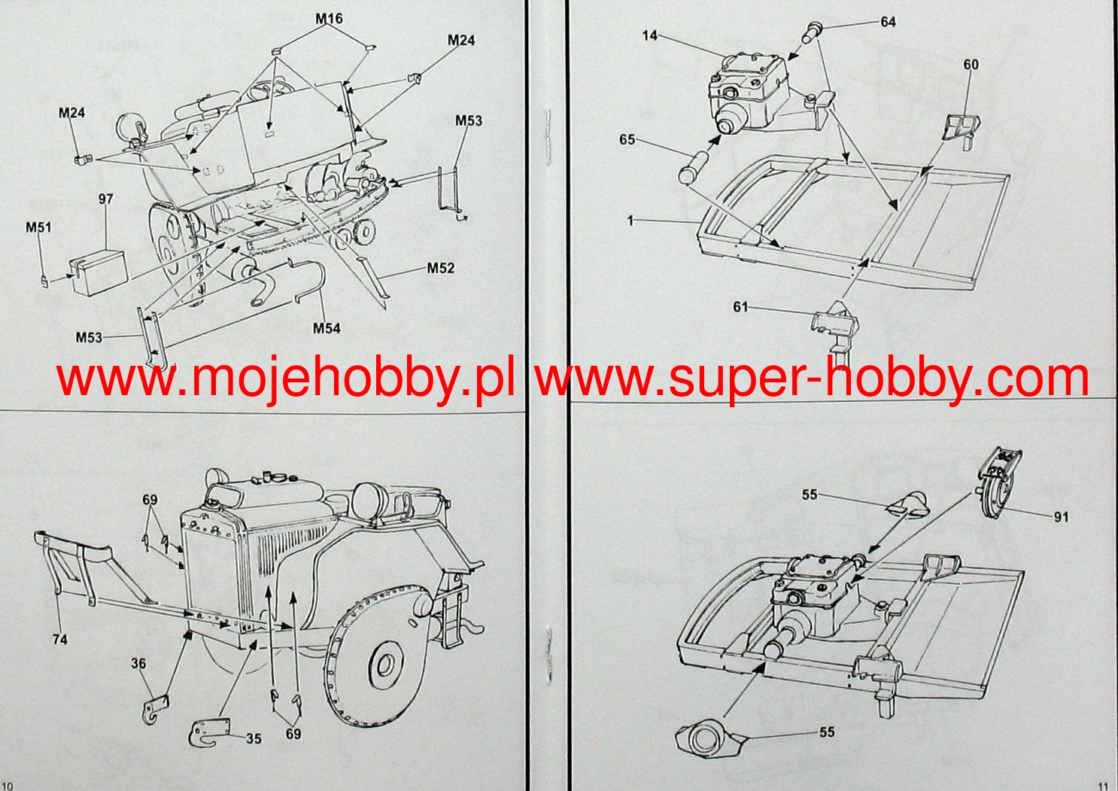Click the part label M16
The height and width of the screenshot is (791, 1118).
[330, 19]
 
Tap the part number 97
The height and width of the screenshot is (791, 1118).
[105, 199]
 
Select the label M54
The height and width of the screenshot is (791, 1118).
[327, 328]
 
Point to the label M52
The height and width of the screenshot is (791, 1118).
[441, 268]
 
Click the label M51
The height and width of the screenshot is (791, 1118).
[38, 227]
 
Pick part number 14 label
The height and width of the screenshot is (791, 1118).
[650, 35]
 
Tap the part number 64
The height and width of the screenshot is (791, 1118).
[889, 22]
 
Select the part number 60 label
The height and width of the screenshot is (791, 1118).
[971, 65]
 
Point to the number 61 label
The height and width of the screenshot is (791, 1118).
[741, 306]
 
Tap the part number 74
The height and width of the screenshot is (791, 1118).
[60, 639]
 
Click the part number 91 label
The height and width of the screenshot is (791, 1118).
[1061, 517]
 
